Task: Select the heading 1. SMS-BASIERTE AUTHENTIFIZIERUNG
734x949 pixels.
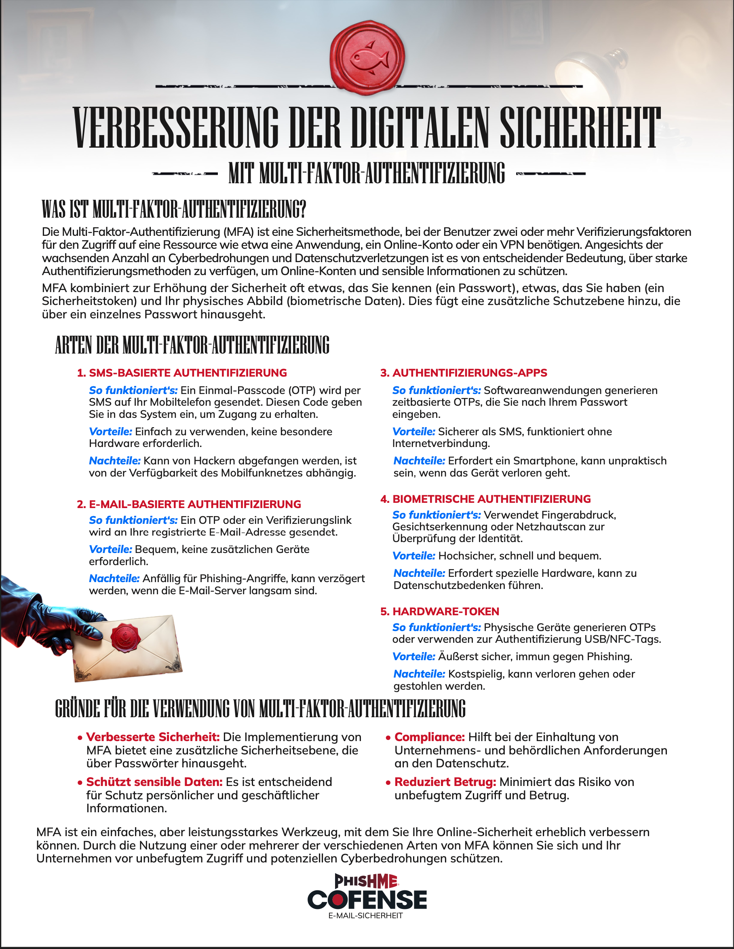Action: click(x=182, y=373)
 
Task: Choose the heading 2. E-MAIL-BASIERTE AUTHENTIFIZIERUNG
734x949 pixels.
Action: click(x=189, y=504)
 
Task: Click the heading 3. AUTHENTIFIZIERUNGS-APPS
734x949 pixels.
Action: click(x=464, y=373)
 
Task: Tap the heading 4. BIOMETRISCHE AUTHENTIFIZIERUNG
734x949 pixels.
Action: click(x=485, y=499)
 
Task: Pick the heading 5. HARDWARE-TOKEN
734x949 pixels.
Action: click(x=440, y=611)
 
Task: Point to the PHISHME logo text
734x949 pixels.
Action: click(x=366, y=881)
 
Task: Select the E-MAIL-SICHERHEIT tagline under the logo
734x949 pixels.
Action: click(x=365, y=915)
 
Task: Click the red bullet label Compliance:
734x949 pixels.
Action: click(x=429, y=737)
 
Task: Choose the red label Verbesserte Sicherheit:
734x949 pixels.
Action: click(x=153, y=737)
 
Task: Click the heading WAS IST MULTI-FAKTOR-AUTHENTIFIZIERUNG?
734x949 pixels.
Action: click(x=174, y=209)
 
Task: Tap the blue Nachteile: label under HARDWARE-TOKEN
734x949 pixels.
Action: click(x=419, y=674)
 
